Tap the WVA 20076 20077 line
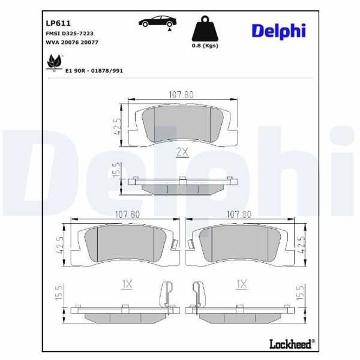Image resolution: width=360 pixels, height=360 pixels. pyautogui.click(x=72, y=43)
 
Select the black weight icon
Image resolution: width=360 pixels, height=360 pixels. pyautogui.click(x=204, y=29)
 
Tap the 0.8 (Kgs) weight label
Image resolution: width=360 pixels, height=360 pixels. pyautogui.click(x=204, y=46)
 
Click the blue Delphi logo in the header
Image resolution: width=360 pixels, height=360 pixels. pyautogui.click(x=278, y=30)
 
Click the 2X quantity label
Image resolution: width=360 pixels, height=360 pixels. pyautogui.click(x=182, y=152)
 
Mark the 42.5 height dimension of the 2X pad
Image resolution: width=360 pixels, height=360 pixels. pyautogui.click(x=119, y=126)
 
